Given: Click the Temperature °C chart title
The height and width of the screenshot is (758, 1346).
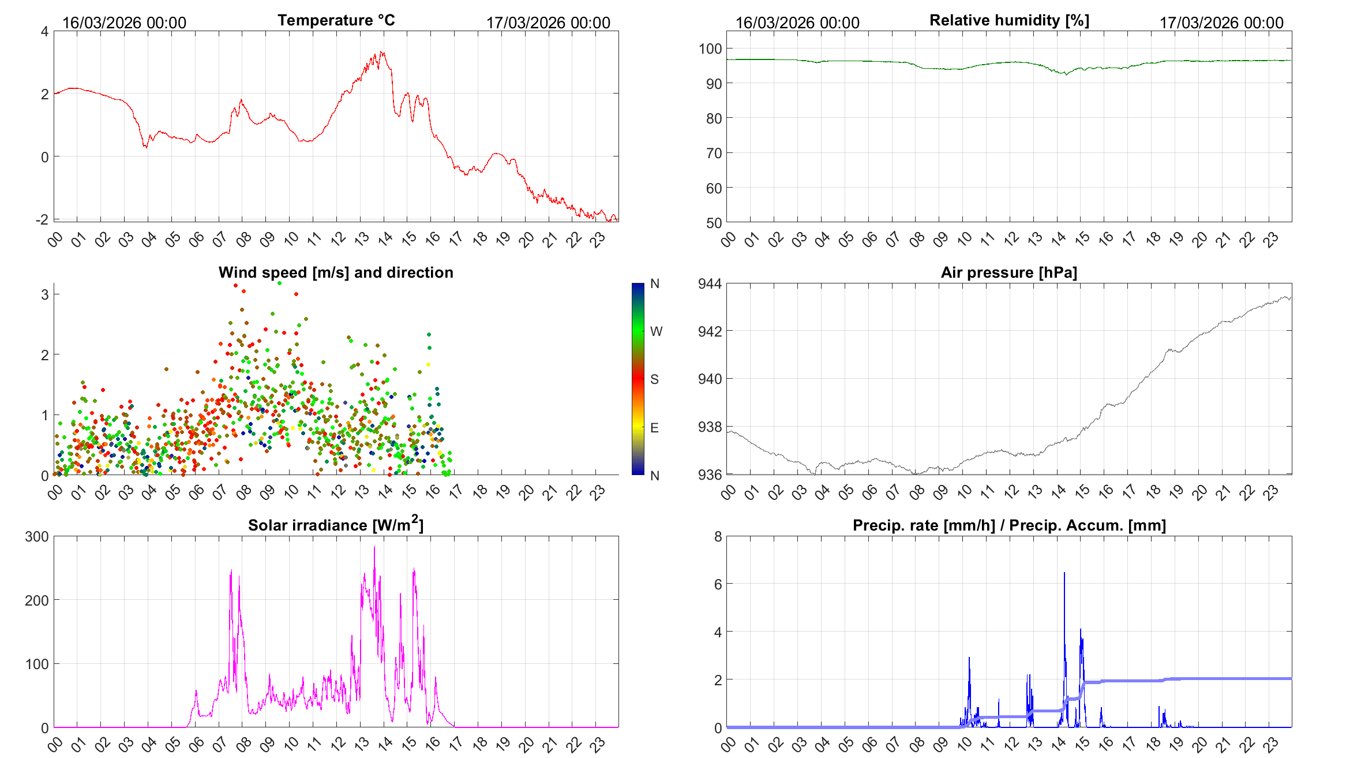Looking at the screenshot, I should pyautogui.click(x=336, y=20).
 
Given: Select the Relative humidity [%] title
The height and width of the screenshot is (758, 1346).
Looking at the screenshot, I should pyautogui.click(x=1009, y=20).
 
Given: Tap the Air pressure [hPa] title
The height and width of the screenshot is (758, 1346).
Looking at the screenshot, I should pyautogui.click(x=1008, y=272).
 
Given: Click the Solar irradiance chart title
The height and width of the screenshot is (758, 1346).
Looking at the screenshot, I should pyautogui.click(x=335, y=525).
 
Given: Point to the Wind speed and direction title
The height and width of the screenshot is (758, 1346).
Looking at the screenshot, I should pyautogui.click(x=335, y=272).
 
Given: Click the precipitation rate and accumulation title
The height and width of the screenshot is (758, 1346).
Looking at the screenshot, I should pyautogui.click(x=1009, y=525).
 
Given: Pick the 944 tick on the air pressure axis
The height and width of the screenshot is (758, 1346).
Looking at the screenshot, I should pyautogui.click(x=710, y=283).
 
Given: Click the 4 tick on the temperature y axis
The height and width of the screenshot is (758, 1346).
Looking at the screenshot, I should pyautogui.click(x=44, y=31).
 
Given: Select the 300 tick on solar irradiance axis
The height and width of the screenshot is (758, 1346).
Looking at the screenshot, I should pyautogui.click(x=37, y=536).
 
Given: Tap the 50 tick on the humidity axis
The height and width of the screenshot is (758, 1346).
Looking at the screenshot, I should pyautogui.click(x=714, y=223).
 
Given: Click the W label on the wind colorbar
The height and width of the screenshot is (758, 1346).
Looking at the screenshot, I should pyautogui.click(x=656, y=331).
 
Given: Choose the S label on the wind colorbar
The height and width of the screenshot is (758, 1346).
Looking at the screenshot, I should pyautogui.click(x=654, y=379).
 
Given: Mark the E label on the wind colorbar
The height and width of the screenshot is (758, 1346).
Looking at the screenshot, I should pyautogui.click(x=654, y=428).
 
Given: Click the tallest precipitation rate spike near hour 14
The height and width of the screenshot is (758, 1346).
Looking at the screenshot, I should pyautogui.click(x=1064, y=573).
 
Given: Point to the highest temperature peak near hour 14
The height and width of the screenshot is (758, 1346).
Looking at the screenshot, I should pyautogui.click(x=381, y=53).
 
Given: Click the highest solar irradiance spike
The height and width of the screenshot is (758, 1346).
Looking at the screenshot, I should pyautogui.click(x=374, y=547).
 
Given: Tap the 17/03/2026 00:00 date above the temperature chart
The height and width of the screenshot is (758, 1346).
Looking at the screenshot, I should pyautogui.click(x=548, y=23).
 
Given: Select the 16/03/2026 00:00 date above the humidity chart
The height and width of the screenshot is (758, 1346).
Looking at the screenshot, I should pyautogui.click(x=797, y=23).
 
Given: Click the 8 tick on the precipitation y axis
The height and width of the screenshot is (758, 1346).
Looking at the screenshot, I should pyautogui.click(x=718, y=536).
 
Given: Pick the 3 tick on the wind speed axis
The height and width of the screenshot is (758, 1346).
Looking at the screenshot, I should pyautogui.click(x=44, y=294).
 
